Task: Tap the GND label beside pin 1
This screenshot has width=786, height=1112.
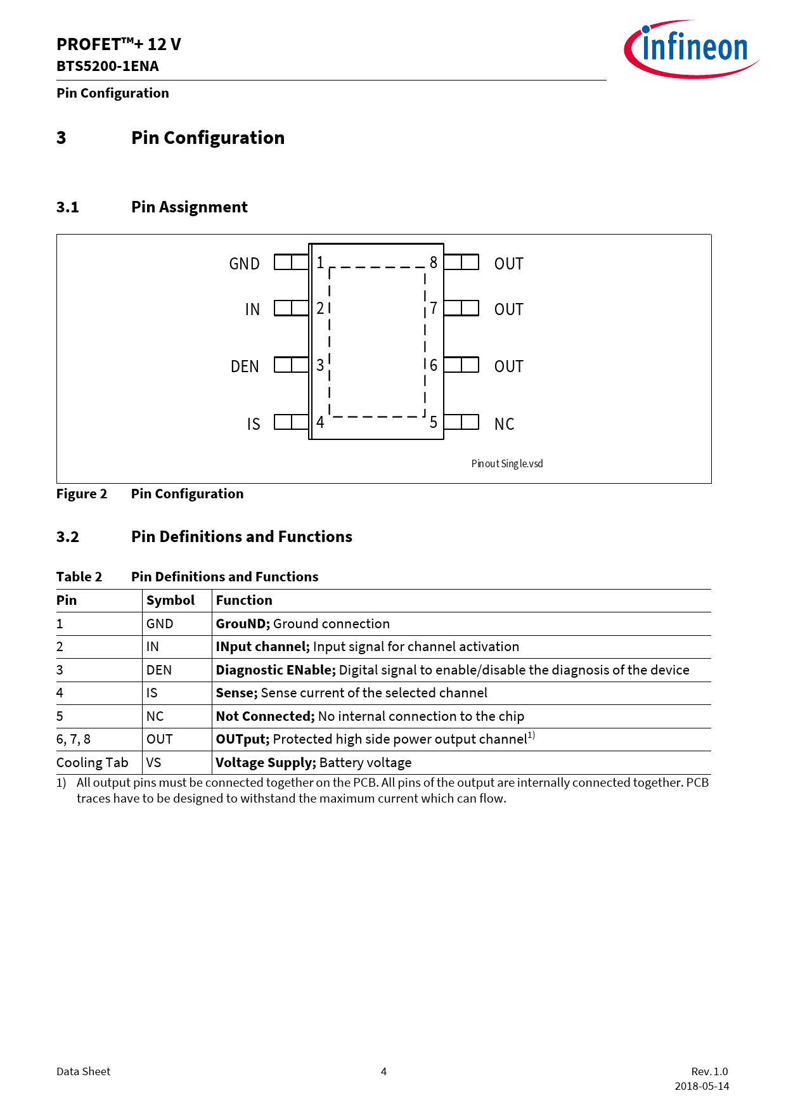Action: [x=244, y=264]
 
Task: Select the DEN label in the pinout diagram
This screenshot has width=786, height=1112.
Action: [x=245, y=366]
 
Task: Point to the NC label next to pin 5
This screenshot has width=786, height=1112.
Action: [x=504, y=424]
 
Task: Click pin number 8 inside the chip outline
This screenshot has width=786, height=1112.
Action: [x=434, y=262]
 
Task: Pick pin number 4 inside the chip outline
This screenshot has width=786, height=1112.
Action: [x=320, y=422]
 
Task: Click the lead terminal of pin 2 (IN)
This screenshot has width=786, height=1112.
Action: [x=291, y=308]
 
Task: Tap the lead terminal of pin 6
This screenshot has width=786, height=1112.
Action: [x=461, y=365]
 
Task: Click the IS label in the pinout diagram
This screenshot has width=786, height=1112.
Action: [x=254, y=424]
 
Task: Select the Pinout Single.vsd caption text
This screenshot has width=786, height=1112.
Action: [x=507, y=463]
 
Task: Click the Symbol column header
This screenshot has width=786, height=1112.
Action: [x=171, y=600]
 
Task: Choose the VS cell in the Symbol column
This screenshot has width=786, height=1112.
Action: [x=154, y=763]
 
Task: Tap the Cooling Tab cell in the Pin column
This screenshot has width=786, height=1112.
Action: [x=93, y=763]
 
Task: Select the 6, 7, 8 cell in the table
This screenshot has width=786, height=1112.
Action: [x=74, y=739]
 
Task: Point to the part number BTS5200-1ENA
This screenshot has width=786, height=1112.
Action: [x=108, y=66]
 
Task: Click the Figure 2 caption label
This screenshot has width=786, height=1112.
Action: [x=82, y=494]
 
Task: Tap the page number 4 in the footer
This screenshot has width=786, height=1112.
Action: [x=383, y=1071]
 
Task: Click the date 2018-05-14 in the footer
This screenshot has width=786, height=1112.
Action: [x=702, y=1086]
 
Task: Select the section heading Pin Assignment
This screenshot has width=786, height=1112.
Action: [x=189, y=207]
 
